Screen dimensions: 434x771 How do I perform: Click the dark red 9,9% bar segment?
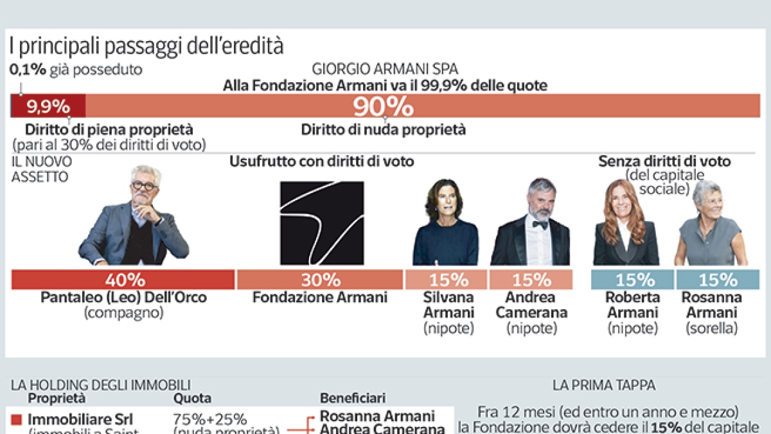(49, 105)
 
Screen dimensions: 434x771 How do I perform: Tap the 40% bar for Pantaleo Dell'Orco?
(123, 280)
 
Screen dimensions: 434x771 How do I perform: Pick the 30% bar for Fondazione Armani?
(319, 280)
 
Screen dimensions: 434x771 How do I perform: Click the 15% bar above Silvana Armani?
(445, 280)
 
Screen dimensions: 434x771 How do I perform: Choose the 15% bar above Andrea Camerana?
(531, 280)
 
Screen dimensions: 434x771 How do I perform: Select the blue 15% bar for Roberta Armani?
(632, 280)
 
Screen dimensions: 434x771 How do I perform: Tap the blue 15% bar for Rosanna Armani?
(718, 280)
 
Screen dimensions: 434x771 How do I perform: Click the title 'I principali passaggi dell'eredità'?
(146, 46)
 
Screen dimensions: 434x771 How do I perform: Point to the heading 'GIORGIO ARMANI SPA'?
(385, 69)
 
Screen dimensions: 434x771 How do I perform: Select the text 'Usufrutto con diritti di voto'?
(321, 161)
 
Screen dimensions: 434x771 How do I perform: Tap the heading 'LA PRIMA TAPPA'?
(604, 386)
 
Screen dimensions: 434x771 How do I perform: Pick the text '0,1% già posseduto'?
(76, 69)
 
